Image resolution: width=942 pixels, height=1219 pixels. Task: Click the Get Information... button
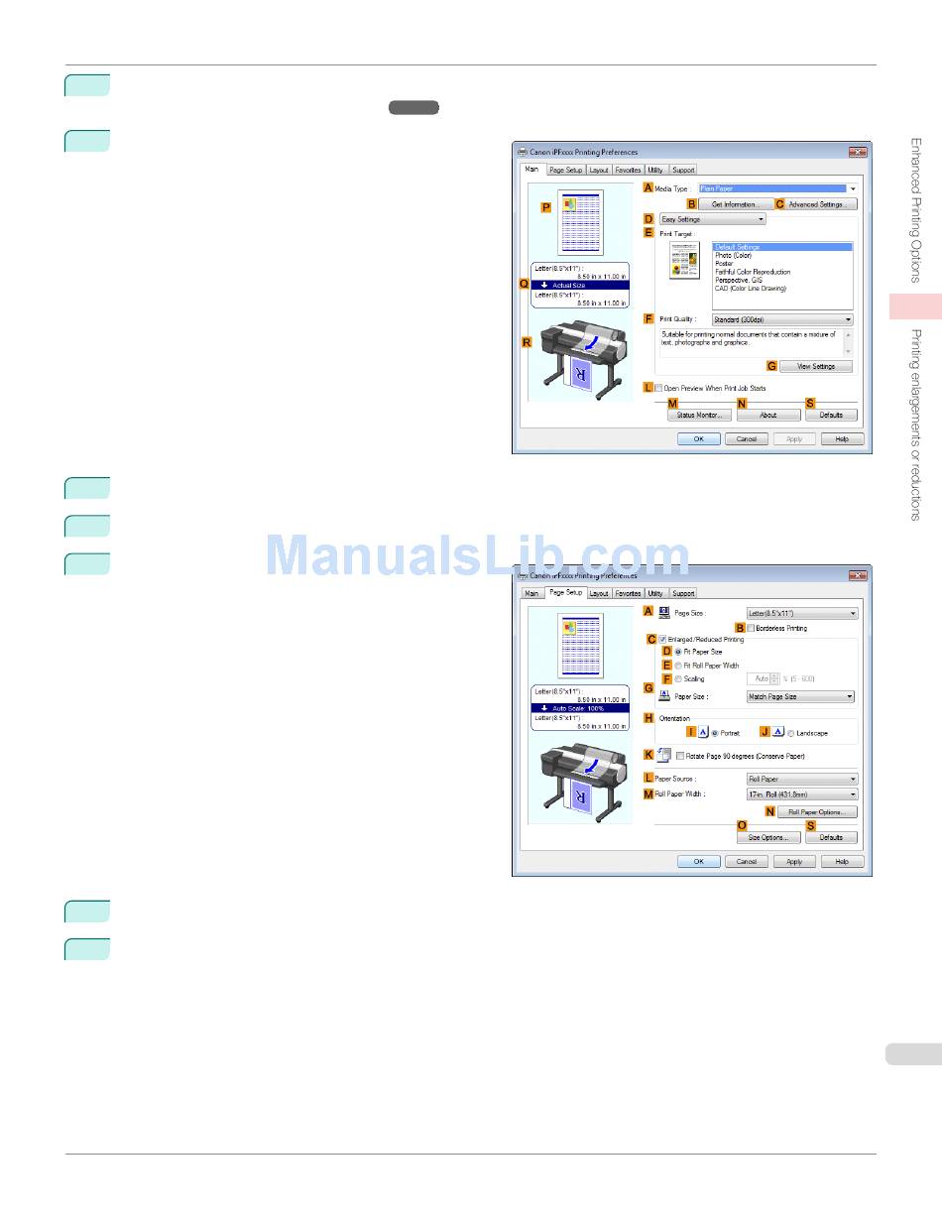coord(736,204)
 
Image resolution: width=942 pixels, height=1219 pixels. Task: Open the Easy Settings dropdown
coord(712,219)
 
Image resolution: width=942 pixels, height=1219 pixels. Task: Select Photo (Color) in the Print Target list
coord(734,256)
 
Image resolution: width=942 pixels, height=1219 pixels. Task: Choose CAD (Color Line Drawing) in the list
coord(751,289)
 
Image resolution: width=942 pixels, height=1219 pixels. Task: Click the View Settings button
coord(816,367)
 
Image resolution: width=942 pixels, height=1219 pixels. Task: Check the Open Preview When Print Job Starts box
coord(658,389)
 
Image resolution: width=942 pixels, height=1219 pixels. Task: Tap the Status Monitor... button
coord(699,415)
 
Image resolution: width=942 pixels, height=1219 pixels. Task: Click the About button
coord(767,415)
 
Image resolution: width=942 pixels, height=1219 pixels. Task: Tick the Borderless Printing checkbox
coord(752,628)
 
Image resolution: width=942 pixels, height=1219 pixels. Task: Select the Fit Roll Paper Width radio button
coord(678,666)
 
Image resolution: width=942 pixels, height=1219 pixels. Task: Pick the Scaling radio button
coord(678,679)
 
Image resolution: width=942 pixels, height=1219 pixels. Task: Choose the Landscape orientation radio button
coord(791,734)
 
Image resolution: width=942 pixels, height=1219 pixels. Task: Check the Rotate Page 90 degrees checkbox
coord(680,756)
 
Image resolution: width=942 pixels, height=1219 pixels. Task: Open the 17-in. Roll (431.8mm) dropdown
coord(801,794)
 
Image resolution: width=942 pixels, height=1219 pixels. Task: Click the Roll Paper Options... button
coord(816,812)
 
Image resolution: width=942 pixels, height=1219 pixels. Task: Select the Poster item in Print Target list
coord(725,264)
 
